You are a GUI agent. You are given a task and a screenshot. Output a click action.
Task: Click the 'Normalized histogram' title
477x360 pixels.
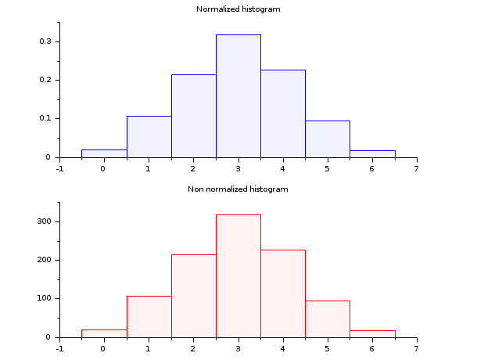238,9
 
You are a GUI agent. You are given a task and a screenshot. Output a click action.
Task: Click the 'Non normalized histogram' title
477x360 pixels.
238,189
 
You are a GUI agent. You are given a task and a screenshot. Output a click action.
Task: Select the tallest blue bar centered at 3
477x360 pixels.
238,95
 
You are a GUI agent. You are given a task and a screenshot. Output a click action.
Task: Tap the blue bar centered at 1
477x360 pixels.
149,136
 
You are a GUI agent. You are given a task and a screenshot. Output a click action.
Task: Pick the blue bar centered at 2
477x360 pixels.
193,116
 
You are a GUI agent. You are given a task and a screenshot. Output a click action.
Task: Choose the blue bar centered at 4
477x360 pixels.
283,113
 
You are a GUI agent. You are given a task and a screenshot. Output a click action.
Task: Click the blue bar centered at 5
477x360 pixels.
328,139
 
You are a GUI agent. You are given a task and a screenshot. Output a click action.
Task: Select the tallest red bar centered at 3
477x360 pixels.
238,275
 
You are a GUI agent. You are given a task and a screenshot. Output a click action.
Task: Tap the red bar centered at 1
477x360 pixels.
149,316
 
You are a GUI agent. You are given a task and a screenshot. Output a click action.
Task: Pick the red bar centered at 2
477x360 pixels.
193,296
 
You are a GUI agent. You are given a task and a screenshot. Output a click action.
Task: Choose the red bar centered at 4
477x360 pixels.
283,293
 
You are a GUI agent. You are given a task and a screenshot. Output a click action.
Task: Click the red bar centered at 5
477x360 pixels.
328,319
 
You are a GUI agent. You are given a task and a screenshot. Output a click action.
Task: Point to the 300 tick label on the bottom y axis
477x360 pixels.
44,221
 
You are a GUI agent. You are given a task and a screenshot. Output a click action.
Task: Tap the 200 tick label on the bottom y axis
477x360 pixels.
44,260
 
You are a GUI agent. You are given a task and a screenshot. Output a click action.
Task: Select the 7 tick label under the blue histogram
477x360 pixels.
417,167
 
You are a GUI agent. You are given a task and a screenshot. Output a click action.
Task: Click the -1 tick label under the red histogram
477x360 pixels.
59,347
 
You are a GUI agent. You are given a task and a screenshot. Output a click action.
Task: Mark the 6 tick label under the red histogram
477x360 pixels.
372,347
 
